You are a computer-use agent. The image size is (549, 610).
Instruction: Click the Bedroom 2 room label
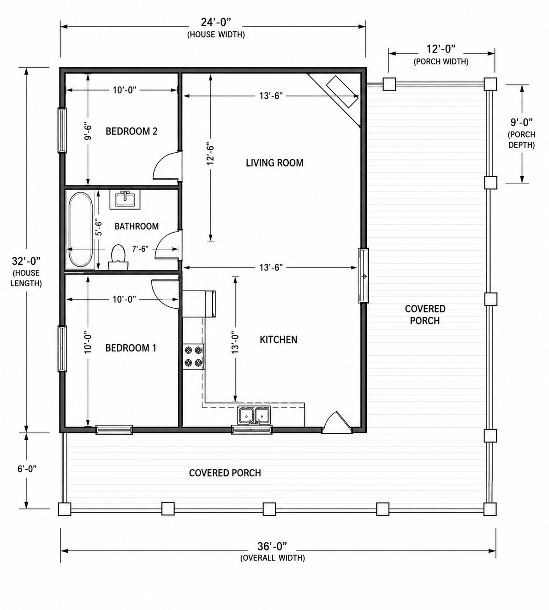tap(131, 132)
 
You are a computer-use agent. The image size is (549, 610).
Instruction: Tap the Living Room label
tap(274, 163)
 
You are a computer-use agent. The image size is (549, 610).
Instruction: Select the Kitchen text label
tap(278, 340)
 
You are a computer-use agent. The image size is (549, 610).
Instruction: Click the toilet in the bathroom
tap(118, 257)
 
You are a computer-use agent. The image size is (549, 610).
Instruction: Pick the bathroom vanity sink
tap(125, 199)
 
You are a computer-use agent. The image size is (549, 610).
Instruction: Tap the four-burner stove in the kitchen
tap(193, 357)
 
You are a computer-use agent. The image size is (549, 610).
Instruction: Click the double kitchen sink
tap(254, 415)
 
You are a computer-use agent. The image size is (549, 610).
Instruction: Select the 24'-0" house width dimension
tap(216, 23)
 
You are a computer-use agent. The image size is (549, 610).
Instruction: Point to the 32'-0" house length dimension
tap(26, 261)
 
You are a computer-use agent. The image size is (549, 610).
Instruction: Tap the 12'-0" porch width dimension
tap(441, 49)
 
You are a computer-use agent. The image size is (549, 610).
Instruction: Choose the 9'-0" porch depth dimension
tap(522, 123)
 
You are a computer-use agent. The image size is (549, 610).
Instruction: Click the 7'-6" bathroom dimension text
tap(140, 249)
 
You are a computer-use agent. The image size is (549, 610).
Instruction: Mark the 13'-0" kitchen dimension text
tap(235, 344)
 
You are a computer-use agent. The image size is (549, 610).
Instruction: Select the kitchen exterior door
tap(337, 422)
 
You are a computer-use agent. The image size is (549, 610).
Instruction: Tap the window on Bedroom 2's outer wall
tap(62, 130)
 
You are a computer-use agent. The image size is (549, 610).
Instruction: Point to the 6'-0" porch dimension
tap(27, 469)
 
